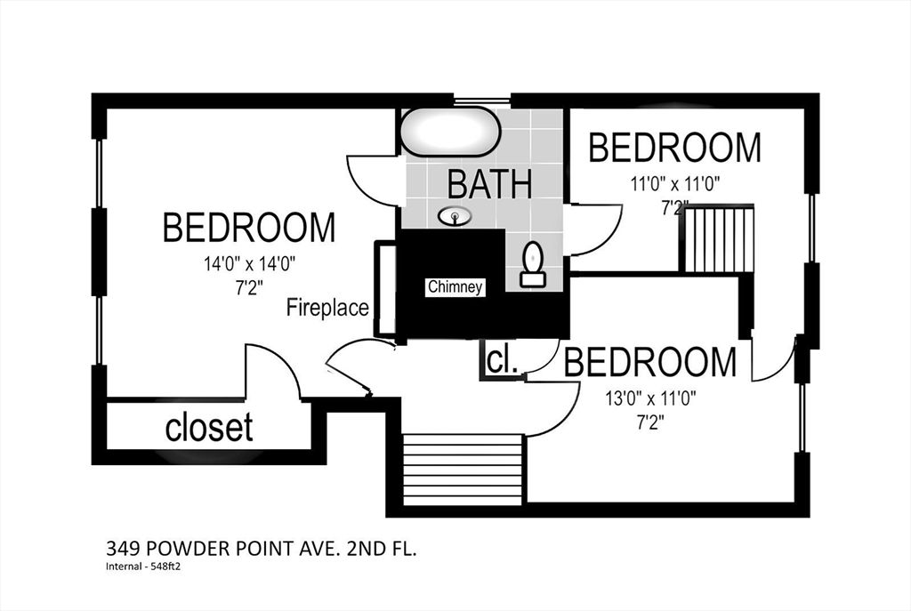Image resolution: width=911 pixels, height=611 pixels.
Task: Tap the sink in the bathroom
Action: point(455,217)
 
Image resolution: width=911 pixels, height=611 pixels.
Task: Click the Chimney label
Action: point(455,287)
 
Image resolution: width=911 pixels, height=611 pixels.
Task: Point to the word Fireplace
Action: point(327,307)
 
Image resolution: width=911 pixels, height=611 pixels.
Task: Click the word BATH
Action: point(490,183)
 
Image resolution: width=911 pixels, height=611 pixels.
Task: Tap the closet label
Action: point(209,427)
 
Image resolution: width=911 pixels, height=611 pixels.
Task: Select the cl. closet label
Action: point(503,361)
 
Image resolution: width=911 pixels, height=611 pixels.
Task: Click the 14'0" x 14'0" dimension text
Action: point(250,265)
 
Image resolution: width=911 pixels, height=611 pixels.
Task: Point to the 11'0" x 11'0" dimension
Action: point(676,185)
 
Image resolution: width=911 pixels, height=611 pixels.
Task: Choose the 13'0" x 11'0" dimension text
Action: point(650,399)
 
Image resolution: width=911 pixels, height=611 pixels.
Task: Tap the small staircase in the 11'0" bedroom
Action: point(719,237)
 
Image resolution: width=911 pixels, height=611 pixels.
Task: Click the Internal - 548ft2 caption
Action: point(143,567)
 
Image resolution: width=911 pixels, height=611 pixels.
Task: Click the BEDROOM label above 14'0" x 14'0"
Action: point(249,228)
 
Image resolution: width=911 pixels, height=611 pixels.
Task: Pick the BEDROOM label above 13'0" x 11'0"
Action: point(650,362)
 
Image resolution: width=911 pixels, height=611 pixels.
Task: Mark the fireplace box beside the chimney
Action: point(386,289)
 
